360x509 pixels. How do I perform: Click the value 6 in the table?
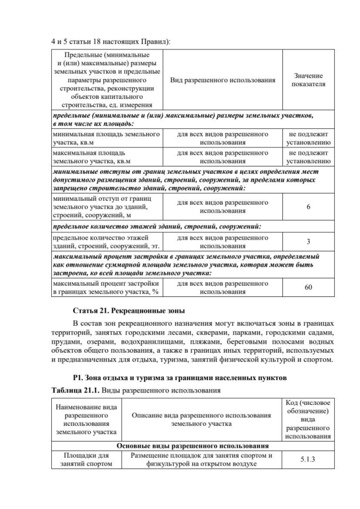click(308, 206)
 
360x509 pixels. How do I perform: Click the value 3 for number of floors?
click(308, 242)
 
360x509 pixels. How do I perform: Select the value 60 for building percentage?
click(308, 287)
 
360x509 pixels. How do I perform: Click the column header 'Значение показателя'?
click(308, 79)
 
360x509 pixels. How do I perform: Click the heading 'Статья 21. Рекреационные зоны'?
click(129, 311)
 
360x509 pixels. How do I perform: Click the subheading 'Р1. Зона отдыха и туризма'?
click(180, 377)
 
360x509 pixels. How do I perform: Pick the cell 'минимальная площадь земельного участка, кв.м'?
click(106, 139)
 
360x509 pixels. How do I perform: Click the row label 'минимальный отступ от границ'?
click(106, 206)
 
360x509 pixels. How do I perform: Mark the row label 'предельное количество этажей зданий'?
click(106, 242)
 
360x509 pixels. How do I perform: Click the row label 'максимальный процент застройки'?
click(106, 287)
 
